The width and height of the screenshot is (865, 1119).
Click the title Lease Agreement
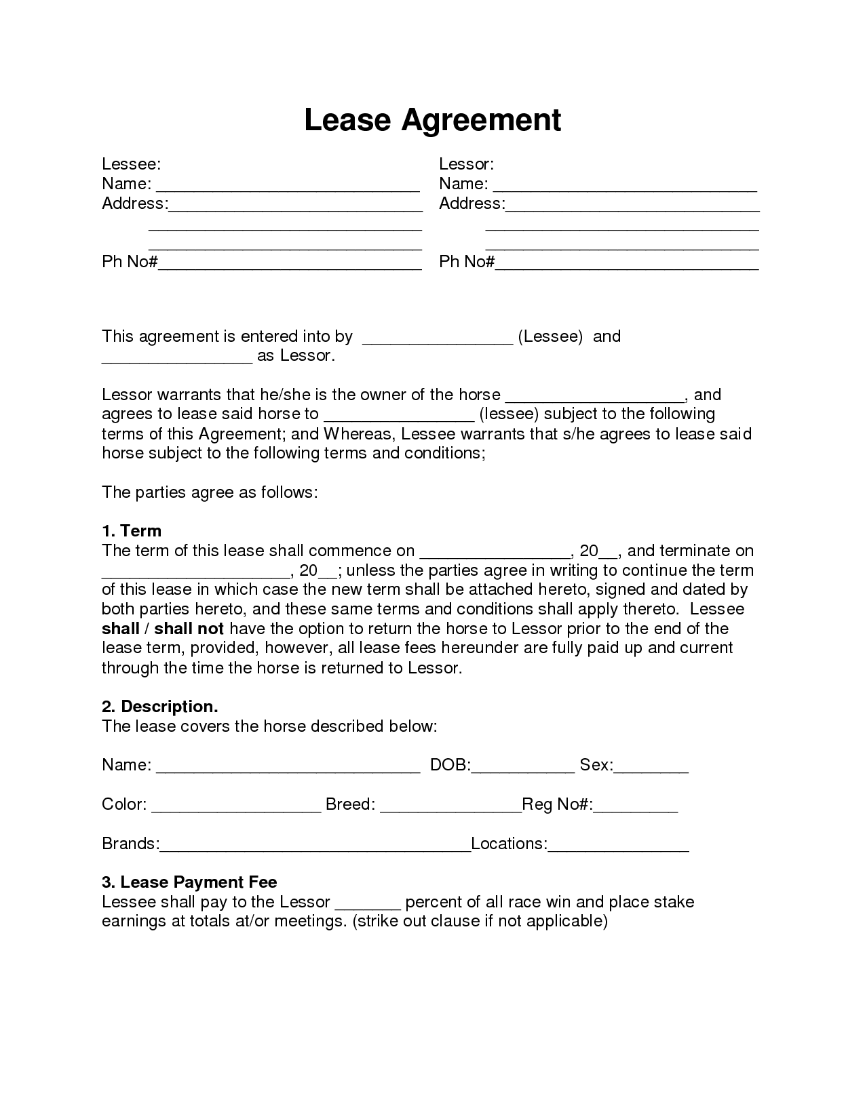[432, 120]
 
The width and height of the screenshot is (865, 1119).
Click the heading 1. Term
[132, 531]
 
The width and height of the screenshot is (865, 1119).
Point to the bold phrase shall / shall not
[163, 629]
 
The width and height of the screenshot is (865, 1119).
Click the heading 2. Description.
[160, 707]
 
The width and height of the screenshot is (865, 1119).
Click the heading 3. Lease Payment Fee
[189, 882]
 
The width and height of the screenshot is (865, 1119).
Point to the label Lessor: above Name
[466, 164]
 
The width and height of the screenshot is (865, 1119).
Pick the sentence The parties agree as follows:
[210, 492]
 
